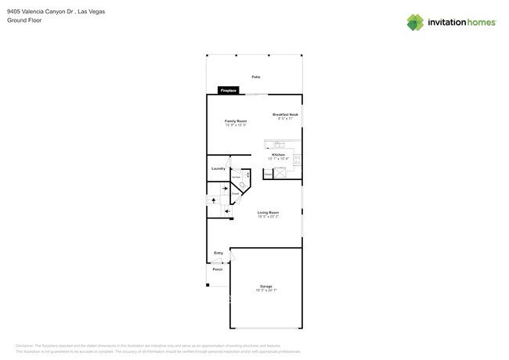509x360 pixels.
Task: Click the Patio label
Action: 256,77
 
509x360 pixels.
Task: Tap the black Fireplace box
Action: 228,91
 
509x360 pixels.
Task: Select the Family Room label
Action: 236,121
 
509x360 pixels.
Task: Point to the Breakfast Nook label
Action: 285,114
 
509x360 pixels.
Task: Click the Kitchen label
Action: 278,155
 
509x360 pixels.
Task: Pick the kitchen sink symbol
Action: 279,144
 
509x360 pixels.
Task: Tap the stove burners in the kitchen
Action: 298,160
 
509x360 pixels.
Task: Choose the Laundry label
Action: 218,168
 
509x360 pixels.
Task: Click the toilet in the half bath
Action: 243,185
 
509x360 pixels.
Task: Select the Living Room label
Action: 269,212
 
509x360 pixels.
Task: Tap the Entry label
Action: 218,253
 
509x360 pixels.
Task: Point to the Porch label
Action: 218,269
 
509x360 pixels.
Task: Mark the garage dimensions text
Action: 266,290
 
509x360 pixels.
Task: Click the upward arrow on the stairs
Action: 214,200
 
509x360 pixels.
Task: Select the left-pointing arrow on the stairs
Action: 226,211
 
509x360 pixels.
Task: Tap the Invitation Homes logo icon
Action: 415,22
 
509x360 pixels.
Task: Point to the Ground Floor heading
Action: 24,20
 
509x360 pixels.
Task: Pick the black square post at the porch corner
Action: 208,285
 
